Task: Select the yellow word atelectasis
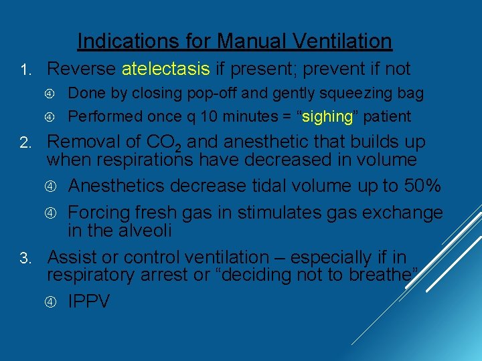click(166, 69)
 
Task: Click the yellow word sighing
click(328, 116)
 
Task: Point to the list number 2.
click(24, 143)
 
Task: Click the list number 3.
click(24, 257)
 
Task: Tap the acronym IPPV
click(88, 302)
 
